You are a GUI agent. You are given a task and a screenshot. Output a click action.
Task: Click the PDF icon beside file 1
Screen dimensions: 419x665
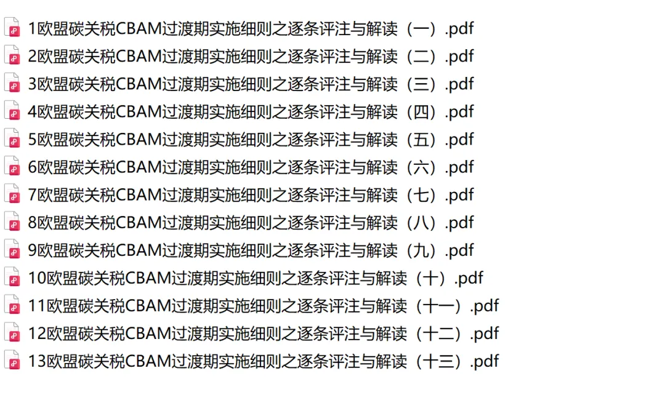[12, 28]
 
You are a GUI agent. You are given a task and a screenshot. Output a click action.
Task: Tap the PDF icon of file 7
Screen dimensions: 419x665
[12, 194]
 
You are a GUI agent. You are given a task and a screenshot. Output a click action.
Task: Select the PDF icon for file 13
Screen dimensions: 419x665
[12, 361]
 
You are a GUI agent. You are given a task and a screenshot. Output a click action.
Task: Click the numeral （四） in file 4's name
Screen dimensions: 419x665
[421, 111]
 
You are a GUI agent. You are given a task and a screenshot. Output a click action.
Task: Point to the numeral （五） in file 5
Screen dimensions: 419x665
[421, 139]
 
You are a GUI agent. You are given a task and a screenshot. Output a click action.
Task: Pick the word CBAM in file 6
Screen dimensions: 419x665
[139, 167]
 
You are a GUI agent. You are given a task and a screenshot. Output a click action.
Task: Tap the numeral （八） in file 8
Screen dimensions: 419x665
[421, 222]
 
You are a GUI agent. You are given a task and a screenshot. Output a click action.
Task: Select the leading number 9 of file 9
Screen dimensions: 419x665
[33, 250]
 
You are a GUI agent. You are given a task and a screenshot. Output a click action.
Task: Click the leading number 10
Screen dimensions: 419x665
[37, 277]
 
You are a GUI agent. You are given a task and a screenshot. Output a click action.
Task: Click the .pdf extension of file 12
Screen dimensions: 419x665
[484, 333]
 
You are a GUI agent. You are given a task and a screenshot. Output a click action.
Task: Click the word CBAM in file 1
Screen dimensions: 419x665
[139, 28]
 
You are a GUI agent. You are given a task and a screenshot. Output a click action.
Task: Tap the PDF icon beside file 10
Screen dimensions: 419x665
[12, 277]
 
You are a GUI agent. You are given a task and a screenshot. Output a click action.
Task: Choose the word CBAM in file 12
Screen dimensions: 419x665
[148, 333]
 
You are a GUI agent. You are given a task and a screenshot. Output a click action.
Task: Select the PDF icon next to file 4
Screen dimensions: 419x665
[12, 111]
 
